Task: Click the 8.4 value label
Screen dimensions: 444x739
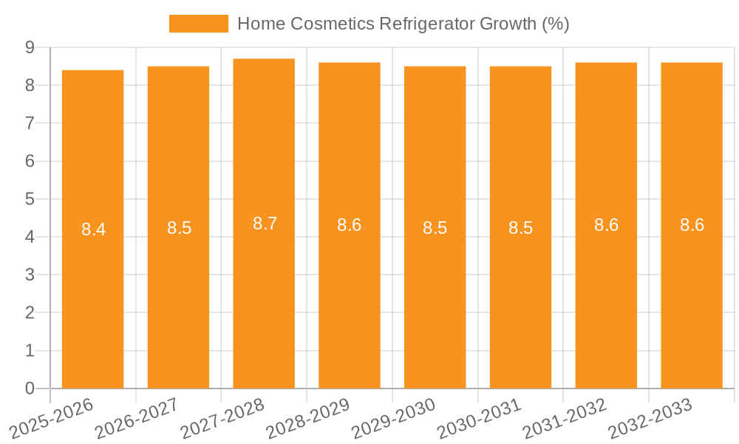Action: [93, 229]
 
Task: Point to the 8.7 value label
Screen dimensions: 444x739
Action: [265, 223]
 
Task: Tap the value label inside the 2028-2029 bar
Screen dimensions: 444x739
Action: [350, 226]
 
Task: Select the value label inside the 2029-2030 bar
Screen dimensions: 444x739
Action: [435, 228]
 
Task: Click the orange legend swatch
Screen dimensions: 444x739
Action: [199, 24]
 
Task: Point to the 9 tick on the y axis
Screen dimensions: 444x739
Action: [30, 47]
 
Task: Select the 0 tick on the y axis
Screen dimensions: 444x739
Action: [30, 388]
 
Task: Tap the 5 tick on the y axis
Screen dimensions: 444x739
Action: [30, 199]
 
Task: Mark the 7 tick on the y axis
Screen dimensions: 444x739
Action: [30, 123]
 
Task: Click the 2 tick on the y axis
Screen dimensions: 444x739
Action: [30, 312]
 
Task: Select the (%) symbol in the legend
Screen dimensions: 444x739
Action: [556, 24]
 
